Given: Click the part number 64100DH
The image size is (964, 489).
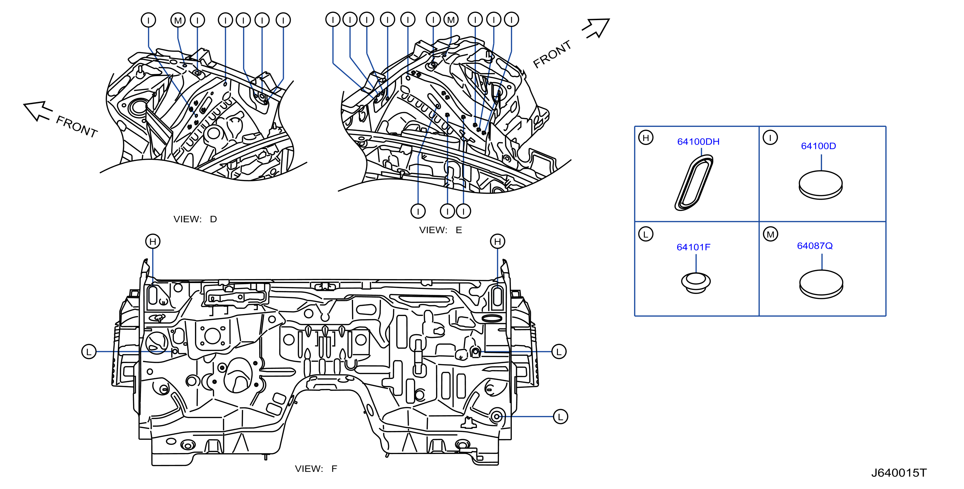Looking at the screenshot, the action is coord(698,142).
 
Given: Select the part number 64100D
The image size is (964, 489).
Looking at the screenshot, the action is coord(818,146).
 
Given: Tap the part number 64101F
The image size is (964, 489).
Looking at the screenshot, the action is coord(693,247).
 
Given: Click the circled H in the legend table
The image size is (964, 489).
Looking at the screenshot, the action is coord(646,138).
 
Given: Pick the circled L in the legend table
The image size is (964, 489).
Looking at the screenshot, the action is coord(646,234).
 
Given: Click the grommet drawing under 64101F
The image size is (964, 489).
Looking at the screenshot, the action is coord(696,283).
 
